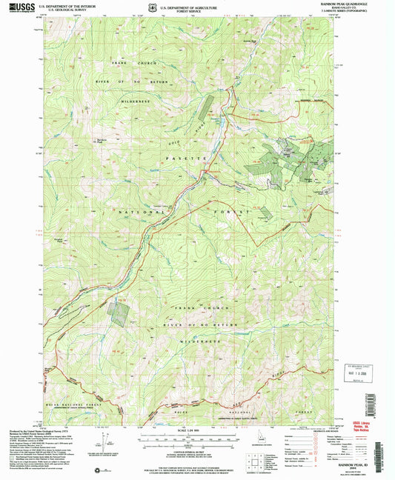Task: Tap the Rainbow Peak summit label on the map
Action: [102, 139]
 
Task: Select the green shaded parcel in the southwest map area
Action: [116, 313]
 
